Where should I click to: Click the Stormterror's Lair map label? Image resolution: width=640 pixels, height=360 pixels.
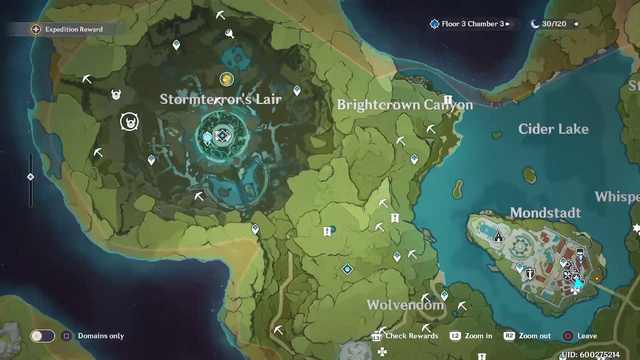point(220,99)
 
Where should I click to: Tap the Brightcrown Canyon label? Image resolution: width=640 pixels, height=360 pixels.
point(404,104)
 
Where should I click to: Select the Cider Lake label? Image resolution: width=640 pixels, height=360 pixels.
point(553,129)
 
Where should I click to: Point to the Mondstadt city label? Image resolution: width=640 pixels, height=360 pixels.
point(545,212)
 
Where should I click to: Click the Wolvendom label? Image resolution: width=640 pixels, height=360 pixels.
point(405,305)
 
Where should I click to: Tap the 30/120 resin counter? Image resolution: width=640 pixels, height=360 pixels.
point(553,24)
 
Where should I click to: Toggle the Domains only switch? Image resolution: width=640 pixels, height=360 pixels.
point(42,336)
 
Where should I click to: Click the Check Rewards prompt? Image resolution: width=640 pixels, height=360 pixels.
point(411,336)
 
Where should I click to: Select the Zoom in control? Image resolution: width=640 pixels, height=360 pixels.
point(477,336)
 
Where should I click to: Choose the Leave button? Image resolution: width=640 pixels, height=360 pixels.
point(586,336)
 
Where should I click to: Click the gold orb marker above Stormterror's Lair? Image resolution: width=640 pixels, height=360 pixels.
point(226,79)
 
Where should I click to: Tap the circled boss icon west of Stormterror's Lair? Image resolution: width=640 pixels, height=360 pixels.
point(129,121)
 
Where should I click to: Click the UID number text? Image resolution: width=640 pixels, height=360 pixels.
point(590,355)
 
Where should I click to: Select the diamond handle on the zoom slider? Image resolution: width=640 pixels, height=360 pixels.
point(30,177)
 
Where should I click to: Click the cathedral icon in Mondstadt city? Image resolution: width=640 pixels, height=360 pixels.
point(498,236)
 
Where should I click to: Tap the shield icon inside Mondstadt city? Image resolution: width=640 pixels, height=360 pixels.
point(529,273)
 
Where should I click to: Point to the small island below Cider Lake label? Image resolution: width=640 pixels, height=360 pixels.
point(529,174)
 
